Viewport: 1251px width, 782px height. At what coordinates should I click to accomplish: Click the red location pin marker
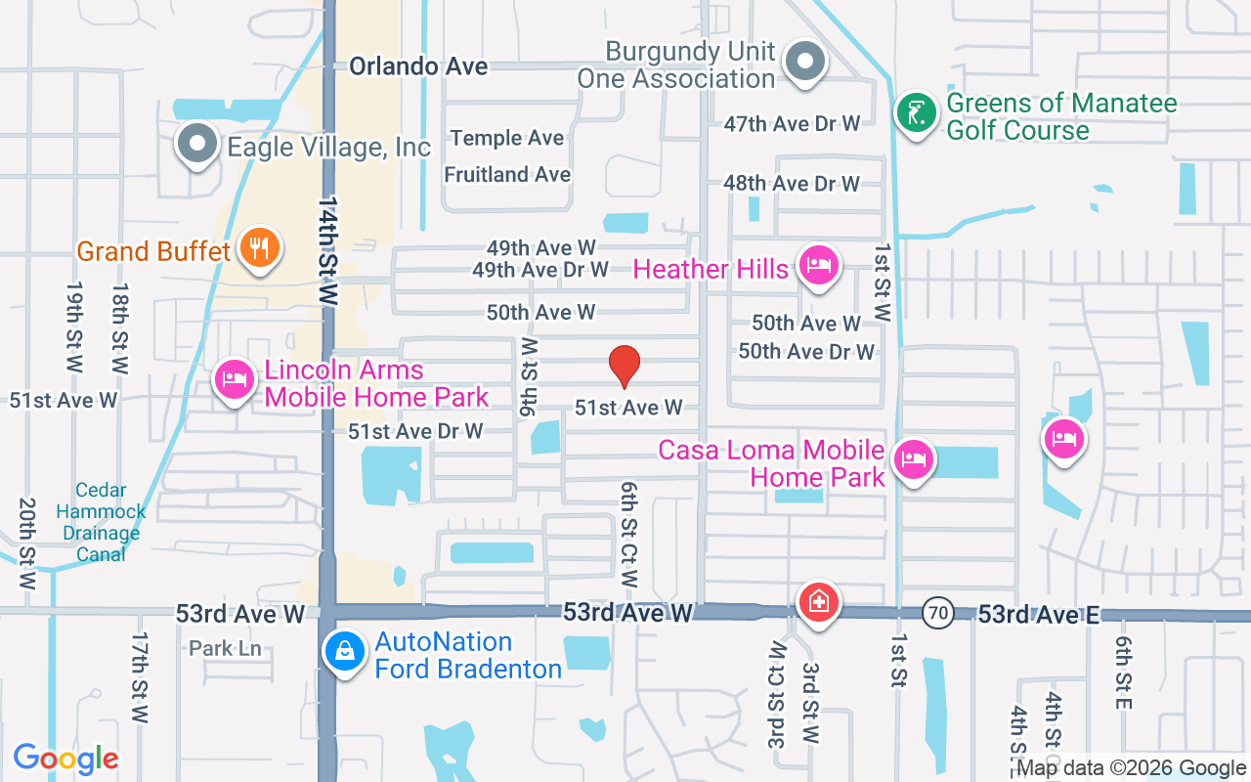pos(625,366)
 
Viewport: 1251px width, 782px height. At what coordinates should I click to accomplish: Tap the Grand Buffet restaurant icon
pos(259,248)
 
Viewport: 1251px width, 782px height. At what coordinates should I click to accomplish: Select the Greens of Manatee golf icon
pos(916,113)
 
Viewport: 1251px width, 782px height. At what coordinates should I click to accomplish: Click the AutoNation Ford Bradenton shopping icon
pos(344,651)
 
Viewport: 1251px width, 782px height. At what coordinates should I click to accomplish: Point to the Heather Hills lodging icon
pos(819,266)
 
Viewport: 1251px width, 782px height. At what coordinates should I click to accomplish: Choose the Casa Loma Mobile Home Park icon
pos(913,459)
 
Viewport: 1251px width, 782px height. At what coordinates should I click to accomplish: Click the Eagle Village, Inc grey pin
pos(197,144)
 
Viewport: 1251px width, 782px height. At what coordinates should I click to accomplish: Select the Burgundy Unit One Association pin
pos(805,62)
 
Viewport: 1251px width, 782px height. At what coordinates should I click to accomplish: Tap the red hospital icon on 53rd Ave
pos(818,601)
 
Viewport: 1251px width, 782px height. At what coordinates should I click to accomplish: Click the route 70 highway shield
pos(937,614)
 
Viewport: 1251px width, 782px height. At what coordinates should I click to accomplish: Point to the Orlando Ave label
pos(418,66)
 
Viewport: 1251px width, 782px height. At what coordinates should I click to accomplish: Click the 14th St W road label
pos(327,250)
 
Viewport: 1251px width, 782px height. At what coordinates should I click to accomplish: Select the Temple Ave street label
pos(507,138)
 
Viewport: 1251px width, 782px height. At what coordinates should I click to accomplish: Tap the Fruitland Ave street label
pos(507,175)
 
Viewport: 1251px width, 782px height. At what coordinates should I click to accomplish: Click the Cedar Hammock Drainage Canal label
pos(101,522)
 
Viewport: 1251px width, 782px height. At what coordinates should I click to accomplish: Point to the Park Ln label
pos(225,648)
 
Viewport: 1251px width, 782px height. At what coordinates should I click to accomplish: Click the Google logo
pos(66,759)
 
